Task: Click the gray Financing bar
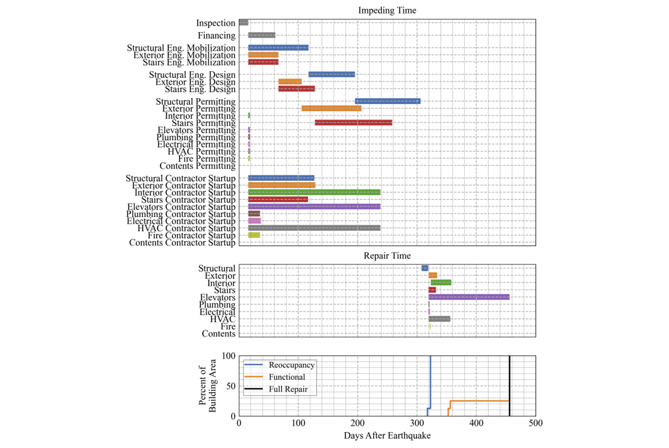click(262, 35)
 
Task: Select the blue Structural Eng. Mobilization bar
click(278, 48)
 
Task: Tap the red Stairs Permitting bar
click(353, 123)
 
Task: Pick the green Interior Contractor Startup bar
click(314, 192)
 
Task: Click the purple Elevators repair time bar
click(469, 297)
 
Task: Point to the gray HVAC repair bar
click(439, 319)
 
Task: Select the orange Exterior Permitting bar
click(332, 108)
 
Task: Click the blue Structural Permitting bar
click(388, 101)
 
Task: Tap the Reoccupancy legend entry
click(279, 365)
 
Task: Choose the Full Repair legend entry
click(276, 389)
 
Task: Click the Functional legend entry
click(275, 377)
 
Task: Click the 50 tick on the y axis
click(231, 386)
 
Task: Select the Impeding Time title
click(387, 10)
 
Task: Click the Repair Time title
click(387, 256)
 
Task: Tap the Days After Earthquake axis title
click(387, 436)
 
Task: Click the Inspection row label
click(216, 23)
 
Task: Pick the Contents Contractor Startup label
click(182, 243)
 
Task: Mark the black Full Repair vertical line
click(510, 386)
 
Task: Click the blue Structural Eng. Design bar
click(332, 75)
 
